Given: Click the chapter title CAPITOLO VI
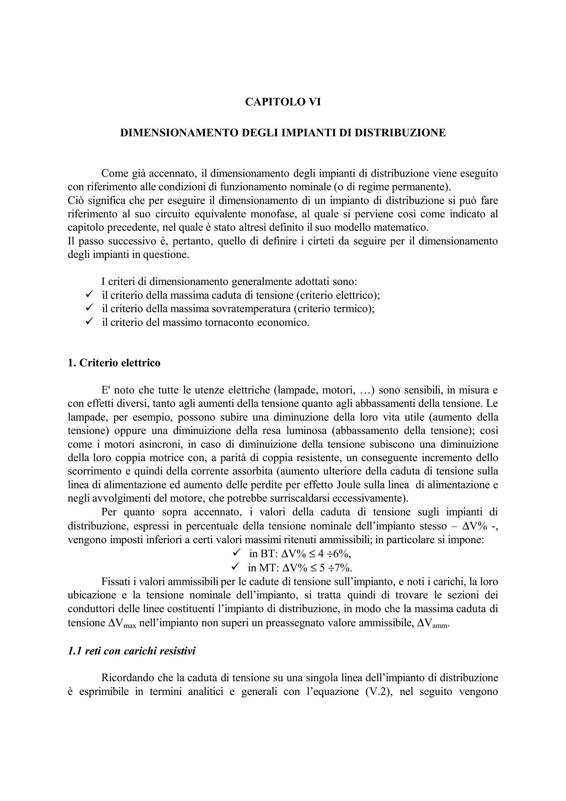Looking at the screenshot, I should point(283,102).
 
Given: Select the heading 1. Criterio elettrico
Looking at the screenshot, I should point(114,363).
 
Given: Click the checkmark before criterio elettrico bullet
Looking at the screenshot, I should point(89,295).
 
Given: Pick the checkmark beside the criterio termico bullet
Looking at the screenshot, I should point(89,308).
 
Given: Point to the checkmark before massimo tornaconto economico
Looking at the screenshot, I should point(89,322).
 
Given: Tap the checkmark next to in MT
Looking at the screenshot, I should point(236,567).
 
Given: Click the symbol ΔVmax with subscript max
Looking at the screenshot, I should point(121,623).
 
